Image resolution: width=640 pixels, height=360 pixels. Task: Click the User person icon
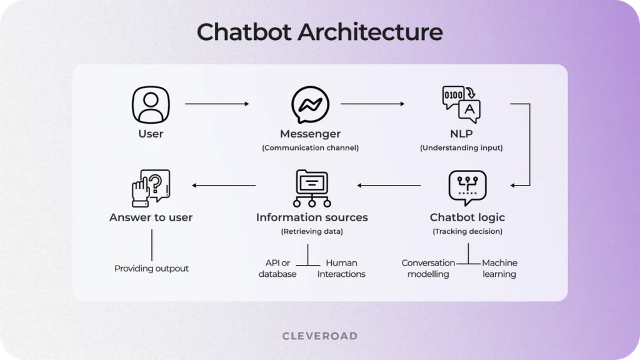coord(151,105)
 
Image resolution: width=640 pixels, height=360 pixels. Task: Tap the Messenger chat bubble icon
coord(310,105)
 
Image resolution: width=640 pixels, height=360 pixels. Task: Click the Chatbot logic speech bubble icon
coord(467,187)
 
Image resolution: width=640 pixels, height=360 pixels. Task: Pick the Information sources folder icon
coord(311,187)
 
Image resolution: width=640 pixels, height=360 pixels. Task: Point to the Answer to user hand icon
coord(151,187)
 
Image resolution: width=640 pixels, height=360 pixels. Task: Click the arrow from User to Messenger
coord(217,104)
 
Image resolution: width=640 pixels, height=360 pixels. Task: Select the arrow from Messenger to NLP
coord(372,104)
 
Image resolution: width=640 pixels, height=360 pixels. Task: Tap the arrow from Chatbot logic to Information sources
coord(389,186)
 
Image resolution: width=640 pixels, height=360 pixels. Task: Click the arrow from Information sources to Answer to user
coord(224,186)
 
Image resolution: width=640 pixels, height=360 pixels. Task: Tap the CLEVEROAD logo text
coord(320,336)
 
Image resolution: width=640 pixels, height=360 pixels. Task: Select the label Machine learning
coord(499,269)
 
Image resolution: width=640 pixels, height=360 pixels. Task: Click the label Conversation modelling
coord(428,269)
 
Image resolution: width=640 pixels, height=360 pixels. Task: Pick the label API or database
coord(277,269)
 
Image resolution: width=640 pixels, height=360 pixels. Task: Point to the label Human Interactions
coord(341,269)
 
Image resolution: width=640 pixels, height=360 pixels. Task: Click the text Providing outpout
coord(151,269)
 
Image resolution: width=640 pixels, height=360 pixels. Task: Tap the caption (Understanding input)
coord(461,148)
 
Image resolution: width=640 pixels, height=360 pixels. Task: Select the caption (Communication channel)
coord(310,148)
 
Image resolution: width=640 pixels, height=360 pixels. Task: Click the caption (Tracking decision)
coord(467,232)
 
